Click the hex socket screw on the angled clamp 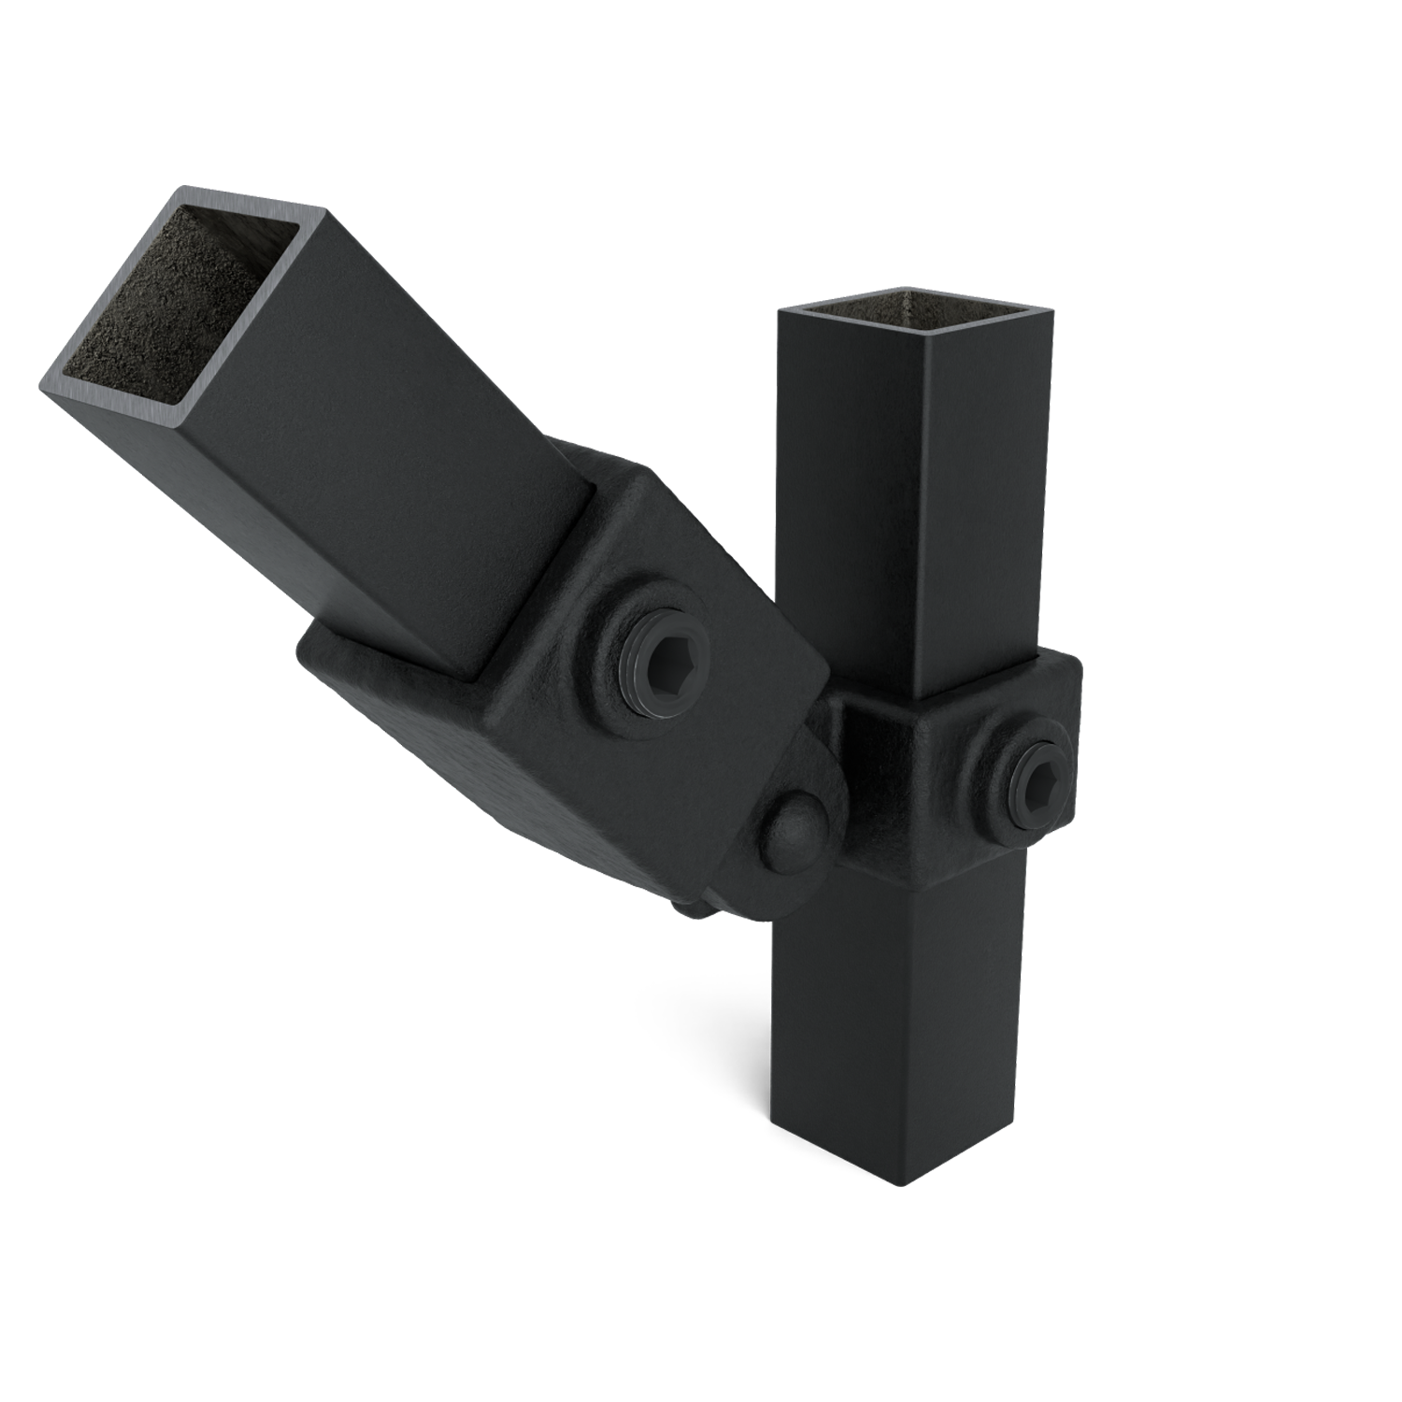[663, 661]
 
